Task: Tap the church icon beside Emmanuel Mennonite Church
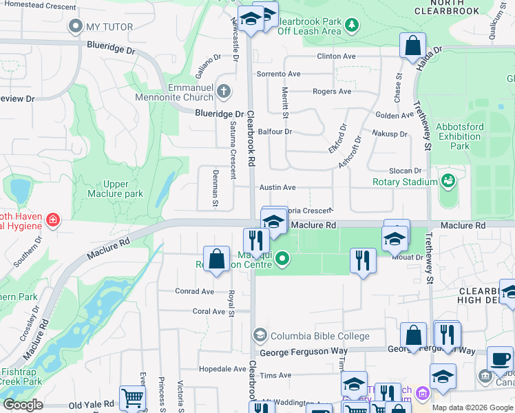(x=223, y=91)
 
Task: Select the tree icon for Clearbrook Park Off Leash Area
(x=352, y=25)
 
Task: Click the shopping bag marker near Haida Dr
(x=412, y=46)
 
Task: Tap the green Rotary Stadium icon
(x=448, y=181)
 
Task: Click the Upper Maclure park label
(x=115, y=189)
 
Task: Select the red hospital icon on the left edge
(x=53, y=220)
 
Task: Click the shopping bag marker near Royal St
(x=217, y=260)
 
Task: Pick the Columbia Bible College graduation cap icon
(x=260, y=336)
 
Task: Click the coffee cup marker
(x=500, y=359)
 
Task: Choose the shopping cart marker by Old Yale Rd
(x=132, y=397)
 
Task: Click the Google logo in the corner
(x=23, y=405)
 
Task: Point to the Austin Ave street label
(x=277, y=187)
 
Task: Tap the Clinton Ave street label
(x=335, y=56)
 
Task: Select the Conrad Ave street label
(x=194, y=291)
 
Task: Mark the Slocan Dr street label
(x=403, y=171)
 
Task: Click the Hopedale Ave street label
(x=222, y=369)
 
